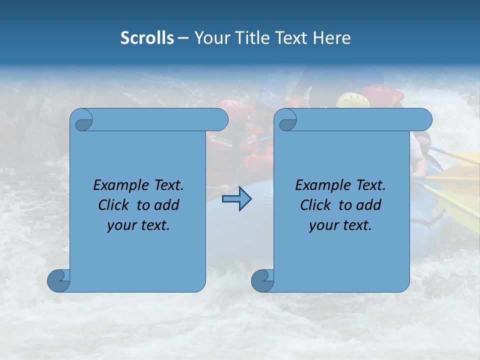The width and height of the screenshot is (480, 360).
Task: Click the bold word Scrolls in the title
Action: pos(147,38)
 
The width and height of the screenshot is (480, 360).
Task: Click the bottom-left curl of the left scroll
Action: pos(58,280)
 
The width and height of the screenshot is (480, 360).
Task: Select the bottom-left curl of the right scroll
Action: pos(262,280)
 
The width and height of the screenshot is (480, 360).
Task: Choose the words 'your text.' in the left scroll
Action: pos(138,225)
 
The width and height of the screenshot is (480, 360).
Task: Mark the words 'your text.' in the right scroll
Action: pos(340,225)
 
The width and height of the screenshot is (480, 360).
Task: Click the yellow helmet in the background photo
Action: pos(352,100)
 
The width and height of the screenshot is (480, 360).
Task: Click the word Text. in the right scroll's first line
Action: pos(370,185)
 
